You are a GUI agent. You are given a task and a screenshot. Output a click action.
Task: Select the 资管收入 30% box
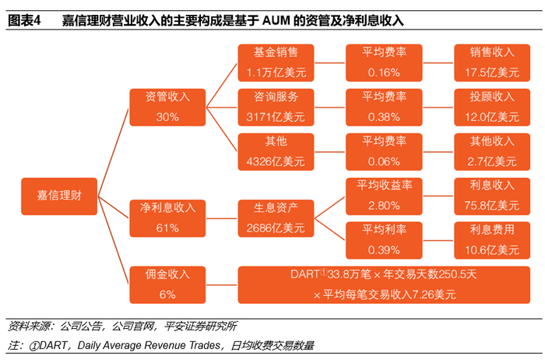167,107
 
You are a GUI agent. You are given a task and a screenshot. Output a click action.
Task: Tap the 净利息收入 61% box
167,218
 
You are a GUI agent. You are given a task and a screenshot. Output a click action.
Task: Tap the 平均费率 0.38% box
384,107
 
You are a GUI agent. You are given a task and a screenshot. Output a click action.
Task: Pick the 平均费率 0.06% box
384,151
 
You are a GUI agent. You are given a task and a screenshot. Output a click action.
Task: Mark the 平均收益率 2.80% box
384,195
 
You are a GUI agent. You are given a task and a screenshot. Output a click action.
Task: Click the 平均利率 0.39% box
384,240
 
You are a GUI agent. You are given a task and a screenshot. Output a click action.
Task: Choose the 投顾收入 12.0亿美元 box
492,107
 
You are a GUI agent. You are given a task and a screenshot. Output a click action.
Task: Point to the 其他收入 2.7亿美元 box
492,151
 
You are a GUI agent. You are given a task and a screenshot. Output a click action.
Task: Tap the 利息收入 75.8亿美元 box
492,195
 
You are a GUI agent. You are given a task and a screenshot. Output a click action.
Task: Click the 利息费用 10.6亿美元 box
492,240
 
